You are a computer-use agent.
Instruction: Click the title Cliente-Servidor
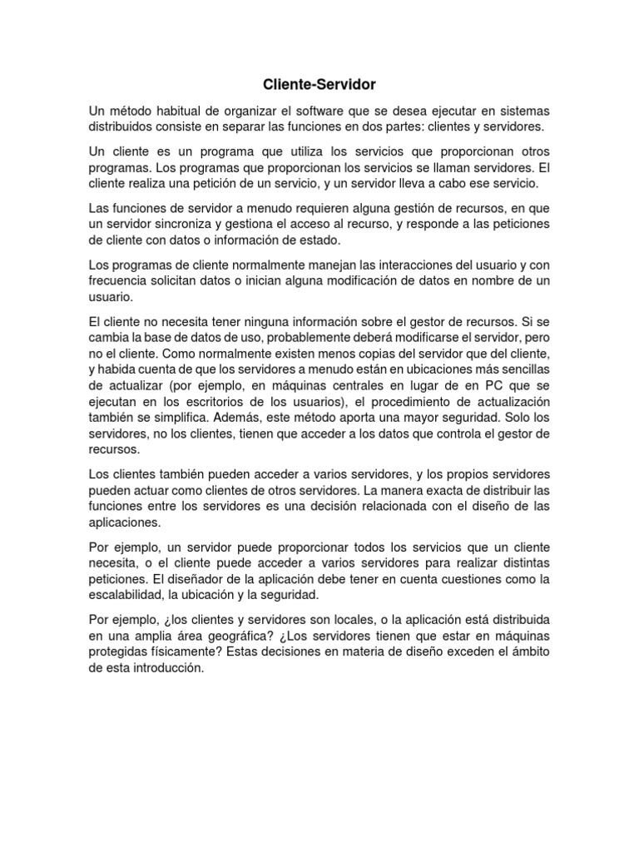(x=319, y=84)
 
